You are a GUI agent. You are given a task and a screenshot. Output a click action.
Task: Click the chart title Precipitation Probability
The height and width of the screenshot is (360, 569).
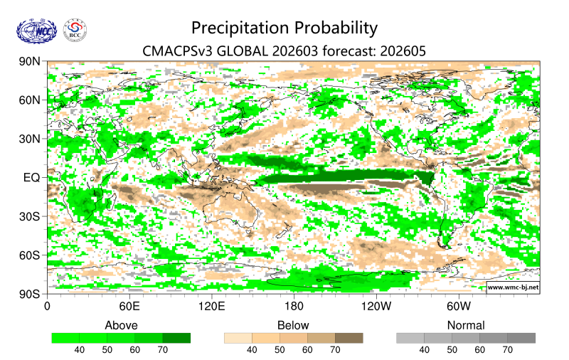[284, 28]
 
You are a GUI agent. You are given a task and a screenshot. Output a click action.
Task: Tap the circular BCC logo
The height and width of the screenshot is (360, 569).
[75, 30]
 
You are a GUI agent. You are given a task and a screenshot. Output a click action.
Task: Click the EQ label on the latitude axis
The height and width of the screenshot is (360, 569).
[32, 177]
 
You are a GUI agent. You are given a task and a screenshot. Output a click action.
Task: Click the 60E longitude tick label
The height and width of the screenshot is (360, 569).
[129, 307]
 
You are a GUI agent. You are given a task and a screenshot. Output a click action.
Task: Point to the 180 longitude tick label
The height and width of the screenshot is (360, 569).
[294, 307]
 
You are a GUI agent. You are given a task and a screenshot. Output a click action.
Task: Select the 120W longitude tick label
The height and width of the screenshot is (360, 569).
[376, 307]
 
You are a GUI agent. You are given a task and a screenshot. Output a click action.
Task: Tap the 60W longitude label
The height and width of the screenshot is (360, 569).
[459, 307]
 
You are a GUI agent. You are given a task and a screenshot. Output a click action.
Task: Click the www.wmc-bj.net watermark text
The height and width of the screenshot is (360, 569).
[512, 287]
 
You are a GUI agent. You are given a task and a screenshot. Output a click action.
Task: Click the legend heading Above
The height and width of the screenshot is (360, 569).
[121, 325]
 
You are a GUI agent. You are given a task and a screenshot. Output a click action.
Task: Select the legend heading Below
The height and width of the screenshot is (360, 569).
[293, 325]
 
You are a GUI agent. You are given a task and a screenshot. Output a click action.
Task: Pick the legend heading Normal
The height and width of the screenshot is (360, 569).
[466, 325]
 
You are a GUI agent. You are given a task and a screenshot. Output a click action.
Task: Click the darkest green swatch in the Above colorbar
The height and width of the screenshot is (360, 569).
[176, 338]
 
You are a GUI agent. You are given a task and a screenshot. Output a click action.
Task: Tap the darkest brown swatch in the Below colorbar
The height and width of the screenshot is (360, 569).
[349, 338]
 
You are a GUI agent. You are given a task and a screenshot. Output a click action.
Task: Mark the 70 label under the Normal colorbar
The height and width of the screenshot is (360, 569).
[507, 350]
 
